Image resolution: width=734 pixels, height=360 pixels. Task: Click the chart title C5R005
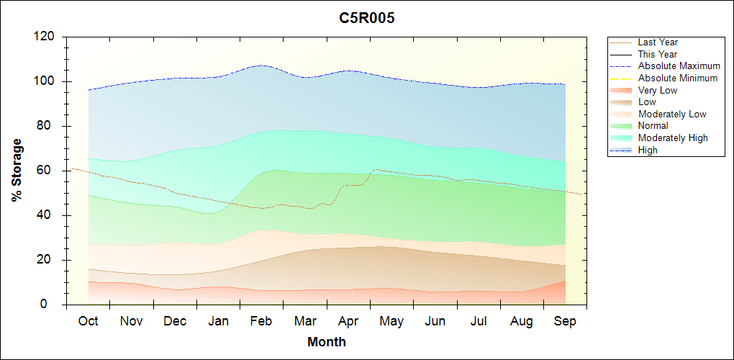(367, 19)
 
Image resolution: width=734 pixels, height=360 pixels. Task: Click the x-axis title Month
(327, 342)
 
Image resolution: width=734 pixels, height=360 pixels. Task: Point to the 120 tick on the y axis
(47, 37)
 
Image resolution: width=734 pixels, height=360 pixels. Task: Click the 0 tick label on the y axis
(53, 305)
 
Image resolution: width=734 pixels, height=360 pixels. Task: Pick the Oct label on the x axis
(88, 321)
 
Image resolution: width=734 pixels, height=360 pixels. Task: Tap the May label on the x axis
(391, 321)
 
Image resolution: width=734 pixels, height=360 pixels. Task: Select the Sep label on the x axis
(565, 321)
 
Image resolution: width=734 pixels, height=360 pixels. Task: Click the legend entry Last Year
(658, 42)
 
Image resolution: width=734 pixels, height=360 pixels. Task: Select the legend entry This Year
(658, 54)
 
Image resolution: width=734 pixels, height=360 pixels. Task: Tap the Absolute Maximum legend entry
(679, 66)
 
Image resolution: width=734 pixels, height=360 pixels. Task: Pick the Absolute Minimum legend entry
(678, 78)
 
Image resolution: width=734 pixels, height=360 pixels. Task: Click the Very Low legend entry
(658, 90)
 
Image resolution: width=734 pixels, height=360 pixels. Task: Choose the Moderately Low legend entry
(672, 114)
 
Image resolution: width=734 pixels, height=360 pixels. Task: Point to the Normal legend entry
(653, 126)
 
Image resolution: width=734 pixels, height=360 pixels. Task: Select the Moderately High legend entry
(673, 138)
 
